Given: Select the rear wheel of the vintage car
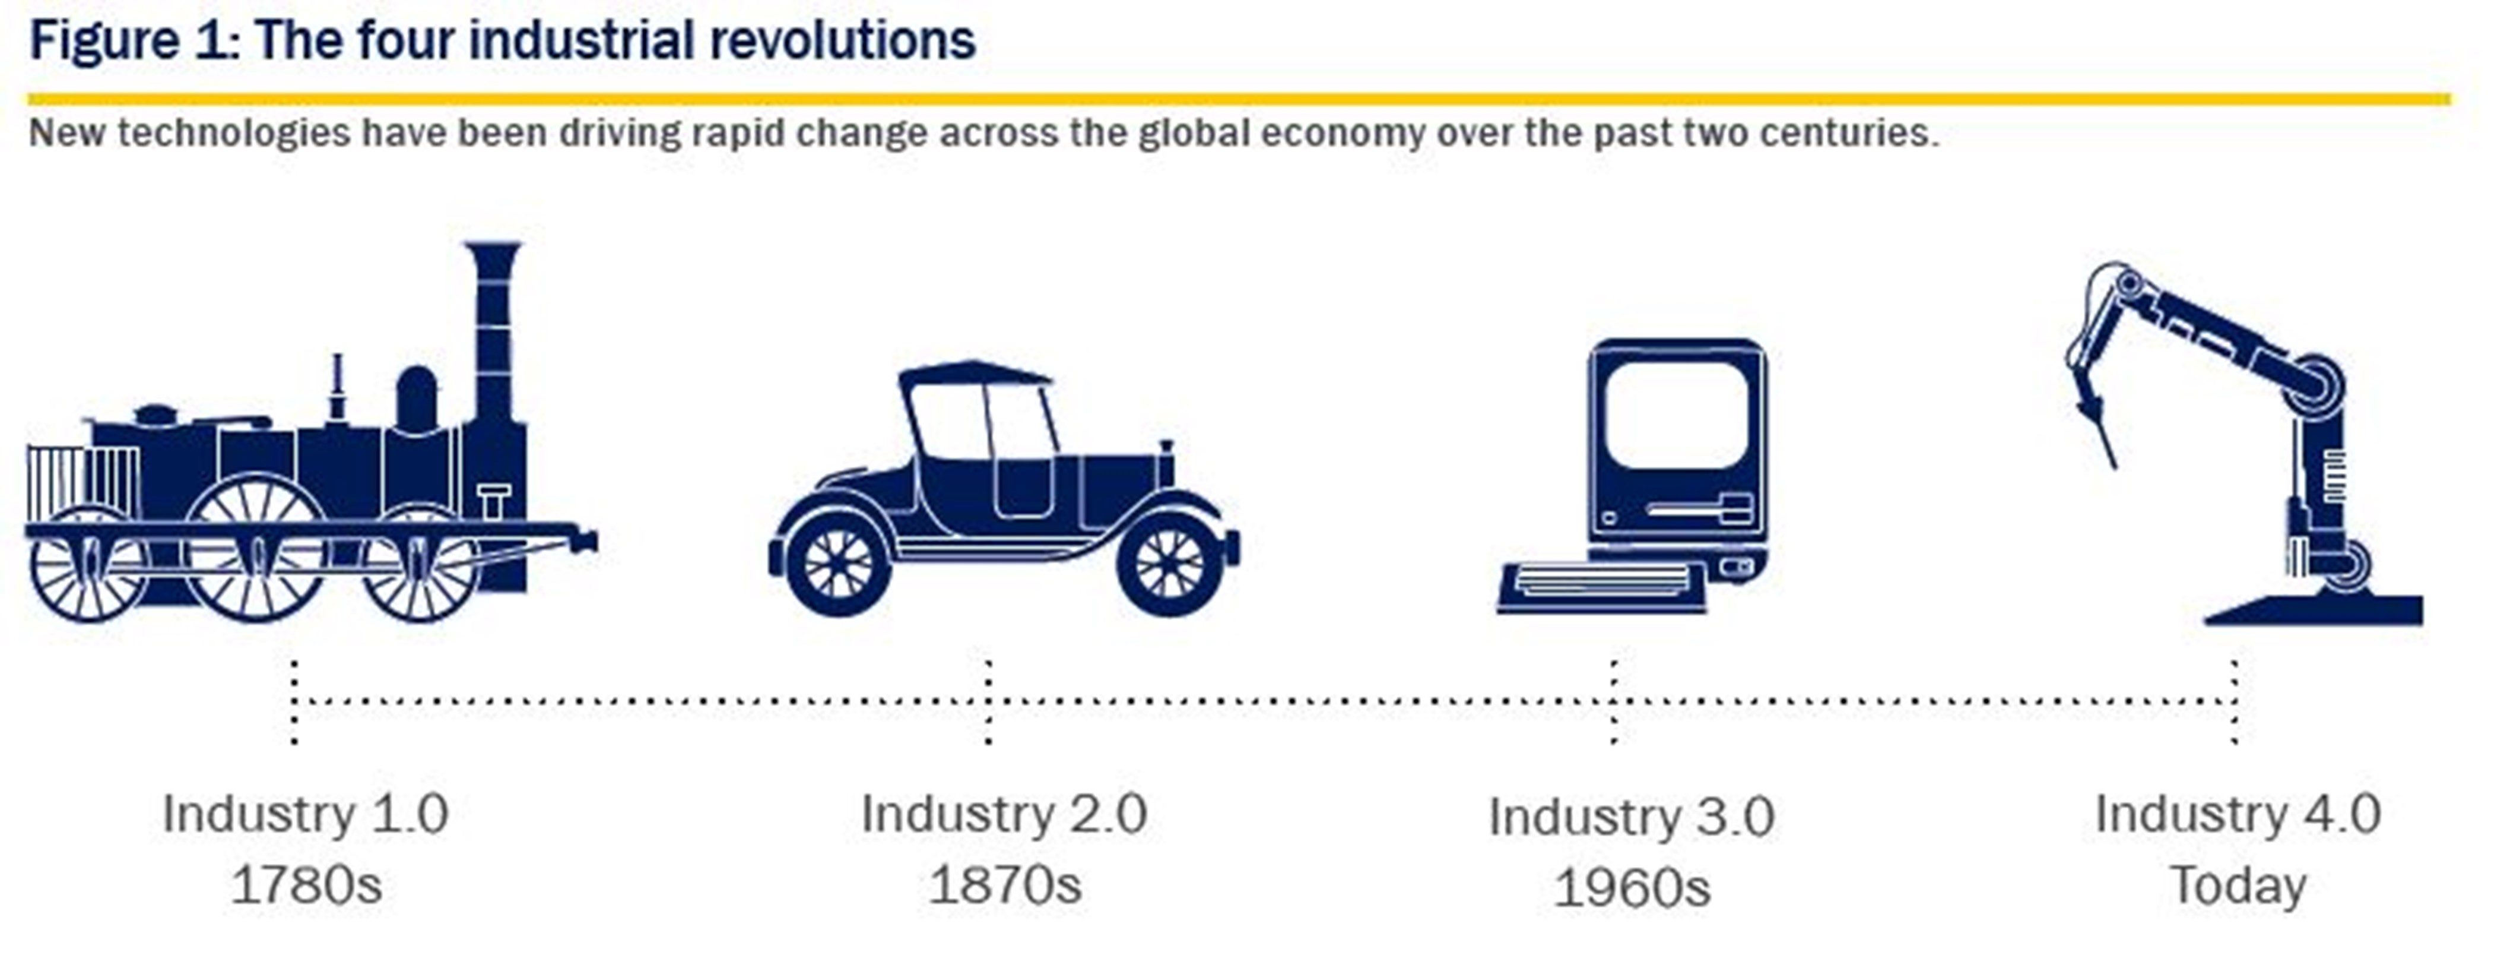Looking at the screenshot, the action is click(x=839, y=565).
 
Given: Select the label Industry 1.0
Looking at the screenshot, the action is click(x=306, y=813).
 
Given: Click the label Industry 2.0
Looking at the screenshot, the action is click(x=1004, y=813).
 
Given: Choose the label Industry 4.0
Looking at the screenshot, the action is click(x=2238, y=813).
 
